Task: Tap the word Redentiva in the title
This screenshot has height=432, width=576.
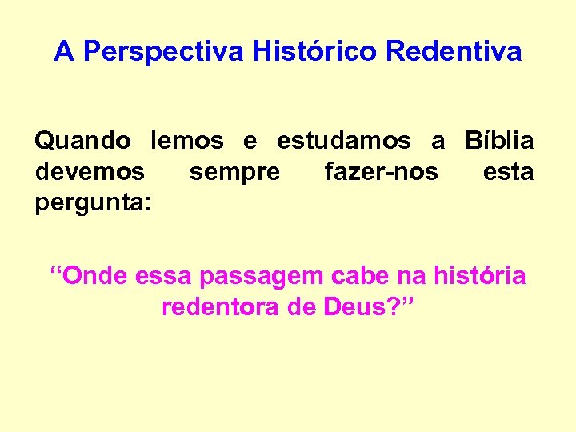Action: [454, 53]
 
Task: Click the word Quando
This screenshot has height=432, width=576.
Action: [83, 142]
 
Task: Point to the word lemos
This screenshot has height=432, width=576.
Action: [187, 142]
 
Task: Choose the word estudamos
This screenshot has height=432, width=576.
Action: [344, 142]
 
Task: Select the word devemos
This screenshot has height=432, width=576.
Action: [90, 172]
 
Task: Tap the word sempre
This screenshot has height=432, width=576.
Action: [234, 172]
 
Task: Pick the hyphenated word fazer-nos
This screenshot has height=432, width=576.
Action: [382, 172]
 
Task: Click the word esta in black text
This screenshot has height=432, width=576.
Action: [508, 172]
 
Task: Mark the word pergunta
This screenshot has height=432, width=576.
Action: [91, 203]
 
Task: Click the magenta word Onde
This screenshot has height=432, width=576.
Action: [94, 277]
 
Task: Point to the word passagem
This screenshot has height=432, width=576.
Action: [260, 278]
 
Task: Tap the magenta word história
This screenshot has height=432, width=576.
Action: [479, 277]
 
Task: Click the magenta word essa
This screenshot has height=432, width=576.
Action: [164, 278]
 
